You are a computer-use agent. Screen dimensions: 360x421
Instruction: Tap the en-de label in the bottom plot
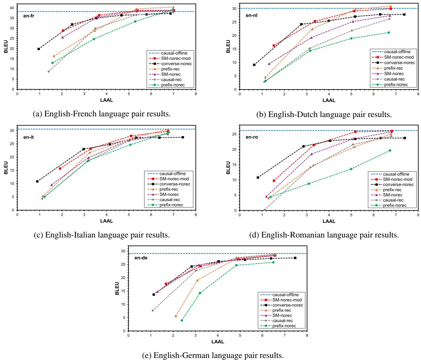pos(140,258)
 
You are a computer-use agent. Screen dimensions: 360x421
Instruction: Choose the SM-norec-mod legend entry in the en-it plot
pos(174,179)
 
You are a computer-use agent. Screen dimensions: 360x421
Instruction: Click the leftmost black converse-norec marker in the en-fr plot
pos(39,49)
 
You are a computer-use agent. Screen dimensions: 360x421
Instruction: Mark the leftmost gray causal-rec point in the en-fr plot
pos(49,71)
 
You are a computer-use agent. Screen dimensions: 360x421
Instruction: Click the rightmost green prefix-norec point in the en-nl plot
pos(389,33)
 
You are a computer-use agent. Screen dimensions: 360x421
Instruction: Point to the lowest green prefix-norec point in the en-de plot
pos(182,320)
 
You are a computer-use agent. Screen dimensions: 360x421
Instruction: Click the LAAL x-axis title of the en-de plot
pos(218,342)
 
